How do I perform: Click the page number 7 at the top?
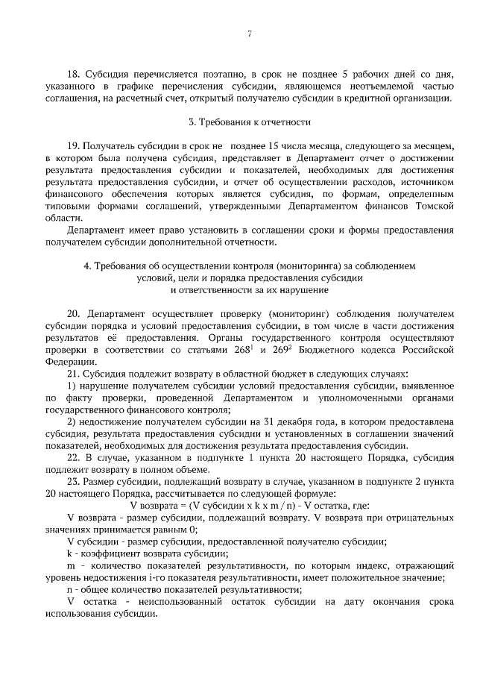coord(249,33)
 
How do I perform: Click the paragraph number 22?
coord(73,456)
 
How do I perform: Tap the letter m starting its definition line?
coord(70,565)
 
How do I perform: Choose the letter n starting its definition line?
coord(69,588)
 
